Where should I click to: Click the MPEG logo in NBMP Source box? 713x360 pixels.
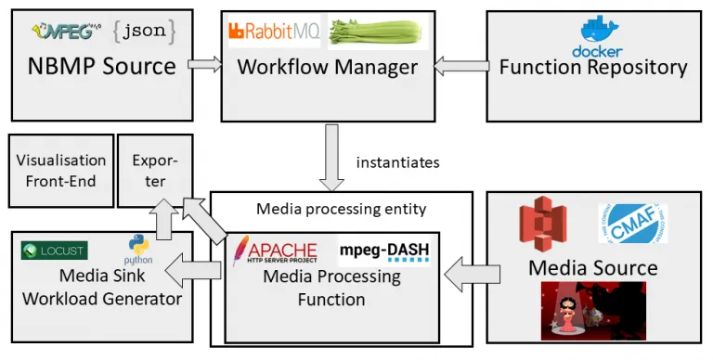[63, 32]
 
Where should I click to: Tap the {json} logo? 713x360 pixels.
[143, 32]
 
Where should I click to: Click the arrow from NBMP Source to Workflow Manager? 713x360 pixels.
[205, 65]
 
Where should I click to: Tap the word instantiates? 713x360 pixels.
[397, 162]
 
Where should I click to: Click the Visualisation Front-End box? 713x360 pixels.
[61, 170]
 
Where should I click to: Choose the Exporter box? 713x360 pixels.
[155, 170]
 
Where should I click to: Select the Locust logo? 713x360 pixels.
[54, 251]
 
